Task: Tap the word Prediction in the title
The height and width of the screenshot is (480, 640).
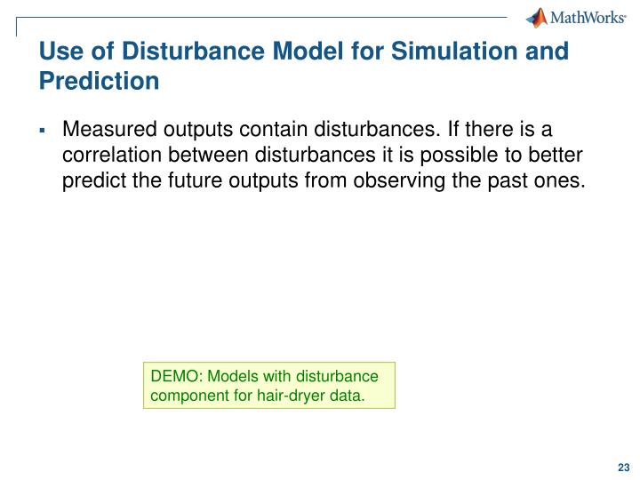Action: pyautogui.click(x=99, y=82)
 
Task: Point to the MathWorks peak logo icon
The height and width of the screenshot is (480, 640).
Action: pyautogui.click(x=537, y=17)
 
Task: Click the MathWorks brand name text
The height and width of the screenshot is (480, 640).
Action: pyautogui.click(x=589, y=18)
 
